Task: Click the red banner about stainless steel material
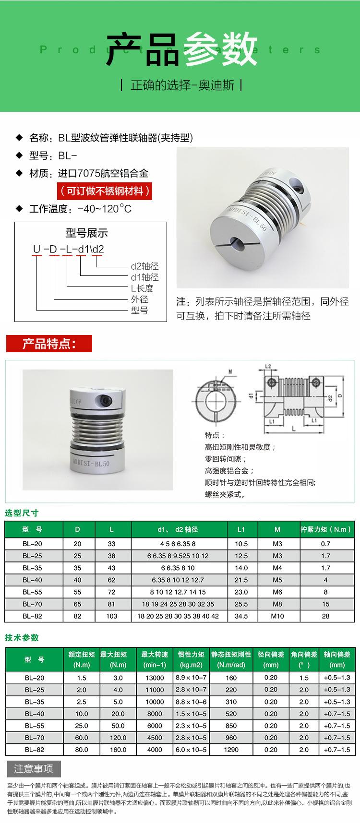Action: pyautogui.click(x=105, y=191)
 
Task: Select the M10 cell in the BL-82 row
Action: pyautogui.click(x=277, y=616)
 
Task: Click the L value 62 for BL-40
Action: pyautogui.click(x=111, y=580)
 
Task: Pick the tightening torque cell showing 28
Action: pyautogui.click(x=325, y=616)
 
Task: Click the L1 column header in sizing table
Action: pyautogui.click(x=241, y=529)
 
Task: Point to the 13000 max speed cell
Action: pyautogui.click(x=155, y=678)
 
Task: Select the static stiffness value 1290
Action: pyautogui.click(x=231, y=749)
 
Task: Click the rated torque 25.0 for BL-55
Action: pyautogui.click(x=81, y=726)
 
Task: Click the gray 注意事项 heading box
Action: pyautogui.click(x=34, y=769)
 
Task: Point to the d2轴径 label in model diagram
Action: pyautogui.click(x=144, y=266)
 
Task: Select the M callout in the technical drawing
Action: pyautogui.click(x=230, y=371)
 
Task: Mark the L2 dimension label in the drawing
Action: pyautogui.click(x=268, y=366)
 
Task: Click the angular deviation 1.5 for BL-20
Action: pyautogui.click(x=304, y=678)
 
